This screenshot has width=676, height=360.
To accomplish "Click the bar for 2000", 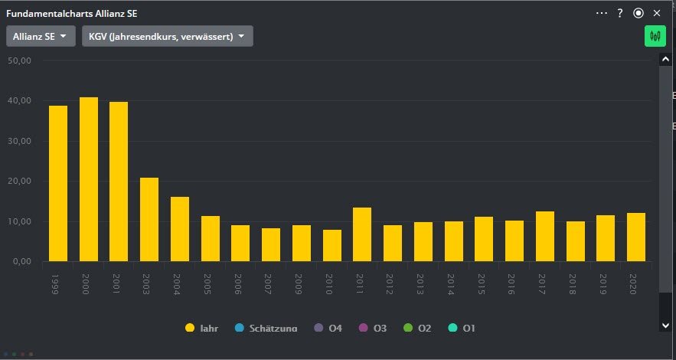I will [89, 179].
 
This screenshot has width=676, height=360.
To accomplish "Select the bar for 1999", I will [58, 184].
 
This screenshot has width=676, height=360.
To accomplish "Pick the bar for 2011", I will [362, 234].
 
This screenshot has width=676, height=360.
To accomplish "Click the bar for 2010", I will [332, 245].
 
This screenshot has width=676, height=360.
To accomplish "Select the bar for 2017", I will [545, 236].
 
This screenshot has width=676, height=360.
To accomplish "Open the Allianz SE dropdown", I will [41, 36].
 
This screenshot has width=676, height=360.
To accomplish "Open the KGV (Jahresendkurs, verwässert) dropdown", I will [167, 36].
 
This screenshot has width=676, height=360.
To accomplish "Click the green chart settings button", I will [655, 36].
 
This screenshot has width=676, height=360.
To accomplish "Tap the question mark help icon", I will [620, 13].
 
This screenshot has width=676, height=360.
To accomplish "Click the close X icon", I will [657, 13].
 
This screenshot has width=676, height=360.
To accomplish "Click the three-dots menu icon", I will [601, 13].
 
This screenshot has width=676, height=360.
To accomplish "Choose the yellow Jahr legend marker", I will [189, 328].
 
